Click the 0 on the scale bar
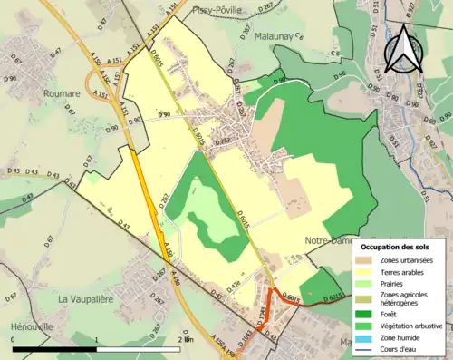[13, 339]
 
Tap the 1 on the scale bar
[97, 339]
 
